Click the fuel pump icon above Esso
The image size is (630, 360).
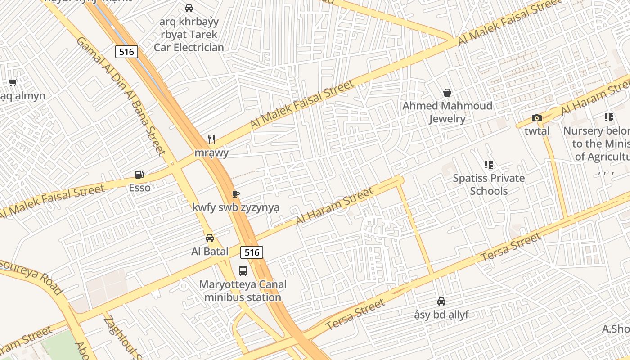pos(139,175)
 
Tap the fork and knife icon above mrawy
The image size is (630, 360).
pos(211,139)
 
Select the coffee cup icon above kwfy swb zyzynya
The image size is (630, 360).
pos(235,194)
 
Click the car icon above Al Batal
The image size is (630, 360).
pos(210,238)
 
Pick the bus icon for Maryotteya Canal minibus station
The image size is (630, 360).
pos(243,271)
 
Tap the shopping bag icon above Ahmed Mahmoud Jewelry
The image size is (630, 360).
pos(447,93)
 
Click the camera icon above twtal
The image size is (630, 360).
pos(536,118)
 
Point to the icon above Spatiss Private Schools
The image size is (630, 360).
pos(488,165)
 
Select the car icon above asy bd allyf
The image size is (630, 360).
pos(441,301)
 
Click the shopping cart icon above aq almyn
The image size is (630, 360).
pos(13,83)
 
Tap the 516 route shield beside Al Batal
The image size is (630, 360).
pos(252,252)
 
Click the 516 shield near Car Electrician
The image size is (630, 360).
pos(126,52)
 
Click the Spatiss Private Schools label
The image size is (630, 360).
pos(489,184)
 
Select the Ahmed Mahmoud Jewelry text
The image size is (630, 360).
pos(447,112)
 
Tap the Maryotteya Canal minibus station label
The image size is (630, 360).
pos(243,291)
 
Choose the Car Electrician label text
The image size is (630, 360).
pos(189,47)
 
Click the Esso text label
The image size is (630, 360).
pos(139,188)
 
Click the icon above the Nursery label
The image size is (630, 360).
pos(609,118)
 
